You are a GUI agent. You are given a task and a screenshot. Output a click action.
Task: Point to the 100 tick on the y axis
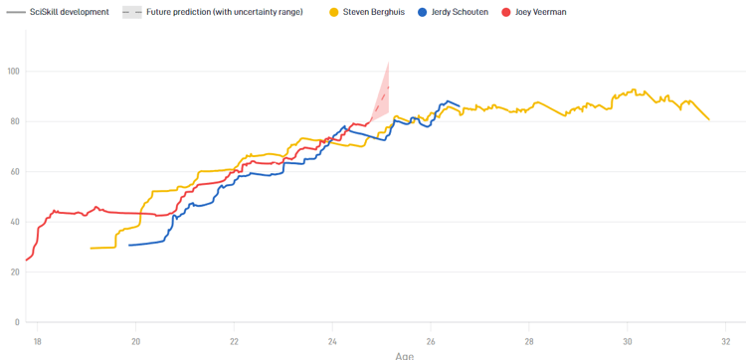[13, 72]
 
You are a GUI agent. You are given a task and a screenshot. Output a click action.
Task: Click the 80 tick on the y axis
[15, 121]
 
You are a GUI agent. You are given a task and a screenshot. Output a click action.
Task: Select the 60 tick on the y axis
[15, 172]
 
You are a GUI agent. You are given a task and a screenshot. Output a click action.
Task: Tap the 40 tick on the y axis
[15, 222]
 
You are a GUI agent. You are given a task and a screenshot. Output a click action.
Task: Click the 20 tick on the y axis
[15, 271]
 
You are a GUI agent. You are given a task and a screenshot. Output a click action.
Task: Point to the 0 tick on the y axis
[17, 322]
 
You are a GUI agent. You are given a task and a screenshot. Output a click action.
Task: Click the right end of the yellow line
[709, 120]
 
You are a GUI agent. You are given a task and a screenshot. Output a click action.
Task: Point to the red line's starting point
[27, 260]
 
